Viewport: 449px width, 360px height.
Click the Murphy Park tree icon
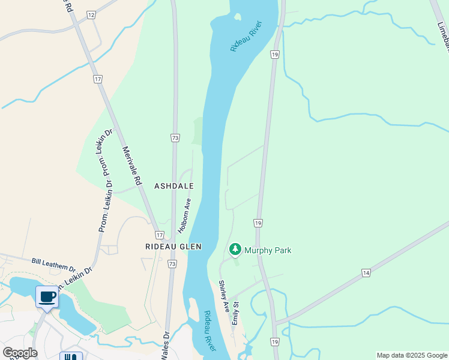(x=235, y=249)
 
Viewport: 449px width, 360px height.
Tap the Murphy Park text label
(x=268, y=250)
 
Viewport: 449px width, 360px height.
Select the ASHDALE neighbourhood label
(x=174, y=187)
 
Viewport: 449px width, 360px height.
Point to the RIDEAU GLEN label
(x=173, y=247)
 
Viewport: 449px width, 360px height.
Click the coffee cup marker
(x=47, y=296)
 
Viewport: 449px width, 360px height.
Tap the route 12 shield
(x=91, y=14)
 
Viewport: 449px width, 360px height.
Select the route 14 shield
(x=366, y=273)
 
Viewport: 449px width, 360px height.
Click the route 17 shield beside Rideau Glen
(x=159, y=235)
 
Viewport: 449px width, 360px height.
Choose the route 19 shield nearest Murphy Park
(x=258, y=223)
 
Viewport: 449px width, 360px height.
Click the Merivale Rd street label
(x=134, y=165)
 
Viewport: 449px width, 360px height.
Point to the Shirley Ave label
(x=224, y=296)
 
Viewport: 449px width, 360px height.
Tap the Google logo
(x=20, y=353)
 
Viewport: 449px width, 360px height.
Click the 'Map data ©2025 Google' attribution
(x=412, y=355)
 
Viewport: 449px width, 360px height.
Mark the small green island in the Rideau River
(x=238, y=17)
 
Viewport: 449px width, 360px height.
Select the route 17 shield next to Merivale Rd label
(x=97, y=79)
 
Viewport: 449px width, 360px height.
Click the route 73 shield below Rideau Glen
(x=172, y=263)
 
